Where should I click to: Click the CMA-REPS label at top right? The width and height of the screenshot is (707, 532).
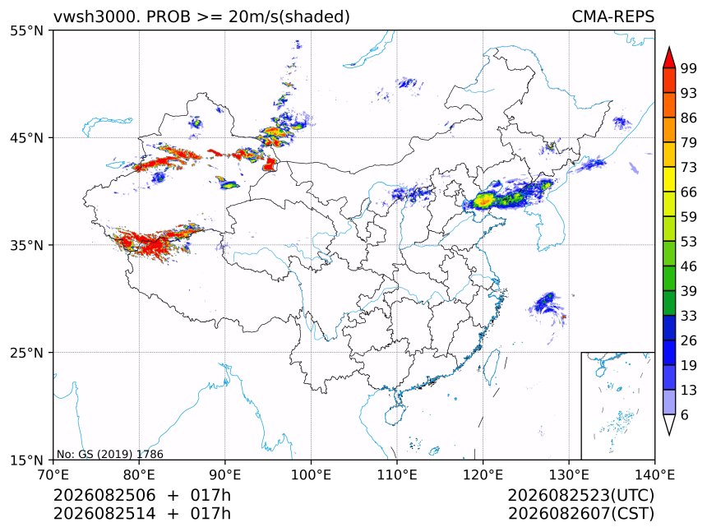click(612, 16)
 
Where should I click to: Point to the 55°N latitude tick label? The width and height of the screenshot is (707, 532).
click(26, 30)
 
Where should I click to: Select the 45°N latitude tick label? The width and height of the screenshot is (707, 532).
click(26, 137)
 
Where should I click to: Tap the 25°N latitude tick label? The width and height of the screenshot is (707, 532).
click(26, 352)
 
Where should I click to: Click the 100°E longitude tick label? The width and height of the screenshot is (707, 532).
click(311, 474)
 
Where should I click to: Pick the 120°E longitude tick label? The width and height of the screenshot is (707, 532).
click(483, 474)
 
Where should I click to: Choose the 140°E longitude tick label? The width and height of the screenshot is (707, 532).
click(654, 474)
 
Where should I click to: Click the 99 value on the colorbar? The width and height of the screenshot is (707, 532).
click(689, 68)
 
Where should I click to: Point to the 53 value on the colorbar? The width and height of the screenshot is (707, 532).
click(689, 242)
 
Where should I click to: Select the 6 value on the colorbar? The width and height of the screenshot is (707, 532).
click(685, 414)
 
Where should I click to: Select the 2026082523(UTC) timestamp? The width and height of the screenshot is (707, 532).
click(580, 495)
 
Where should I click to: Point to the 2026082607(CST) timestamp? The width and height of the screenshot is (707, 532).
click(580, 514)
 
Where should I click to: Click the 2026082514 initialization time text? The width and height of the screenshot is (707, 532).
click(104, 514)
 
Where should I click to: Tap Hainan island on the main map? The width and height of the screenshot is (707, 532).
click(395, 414)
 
